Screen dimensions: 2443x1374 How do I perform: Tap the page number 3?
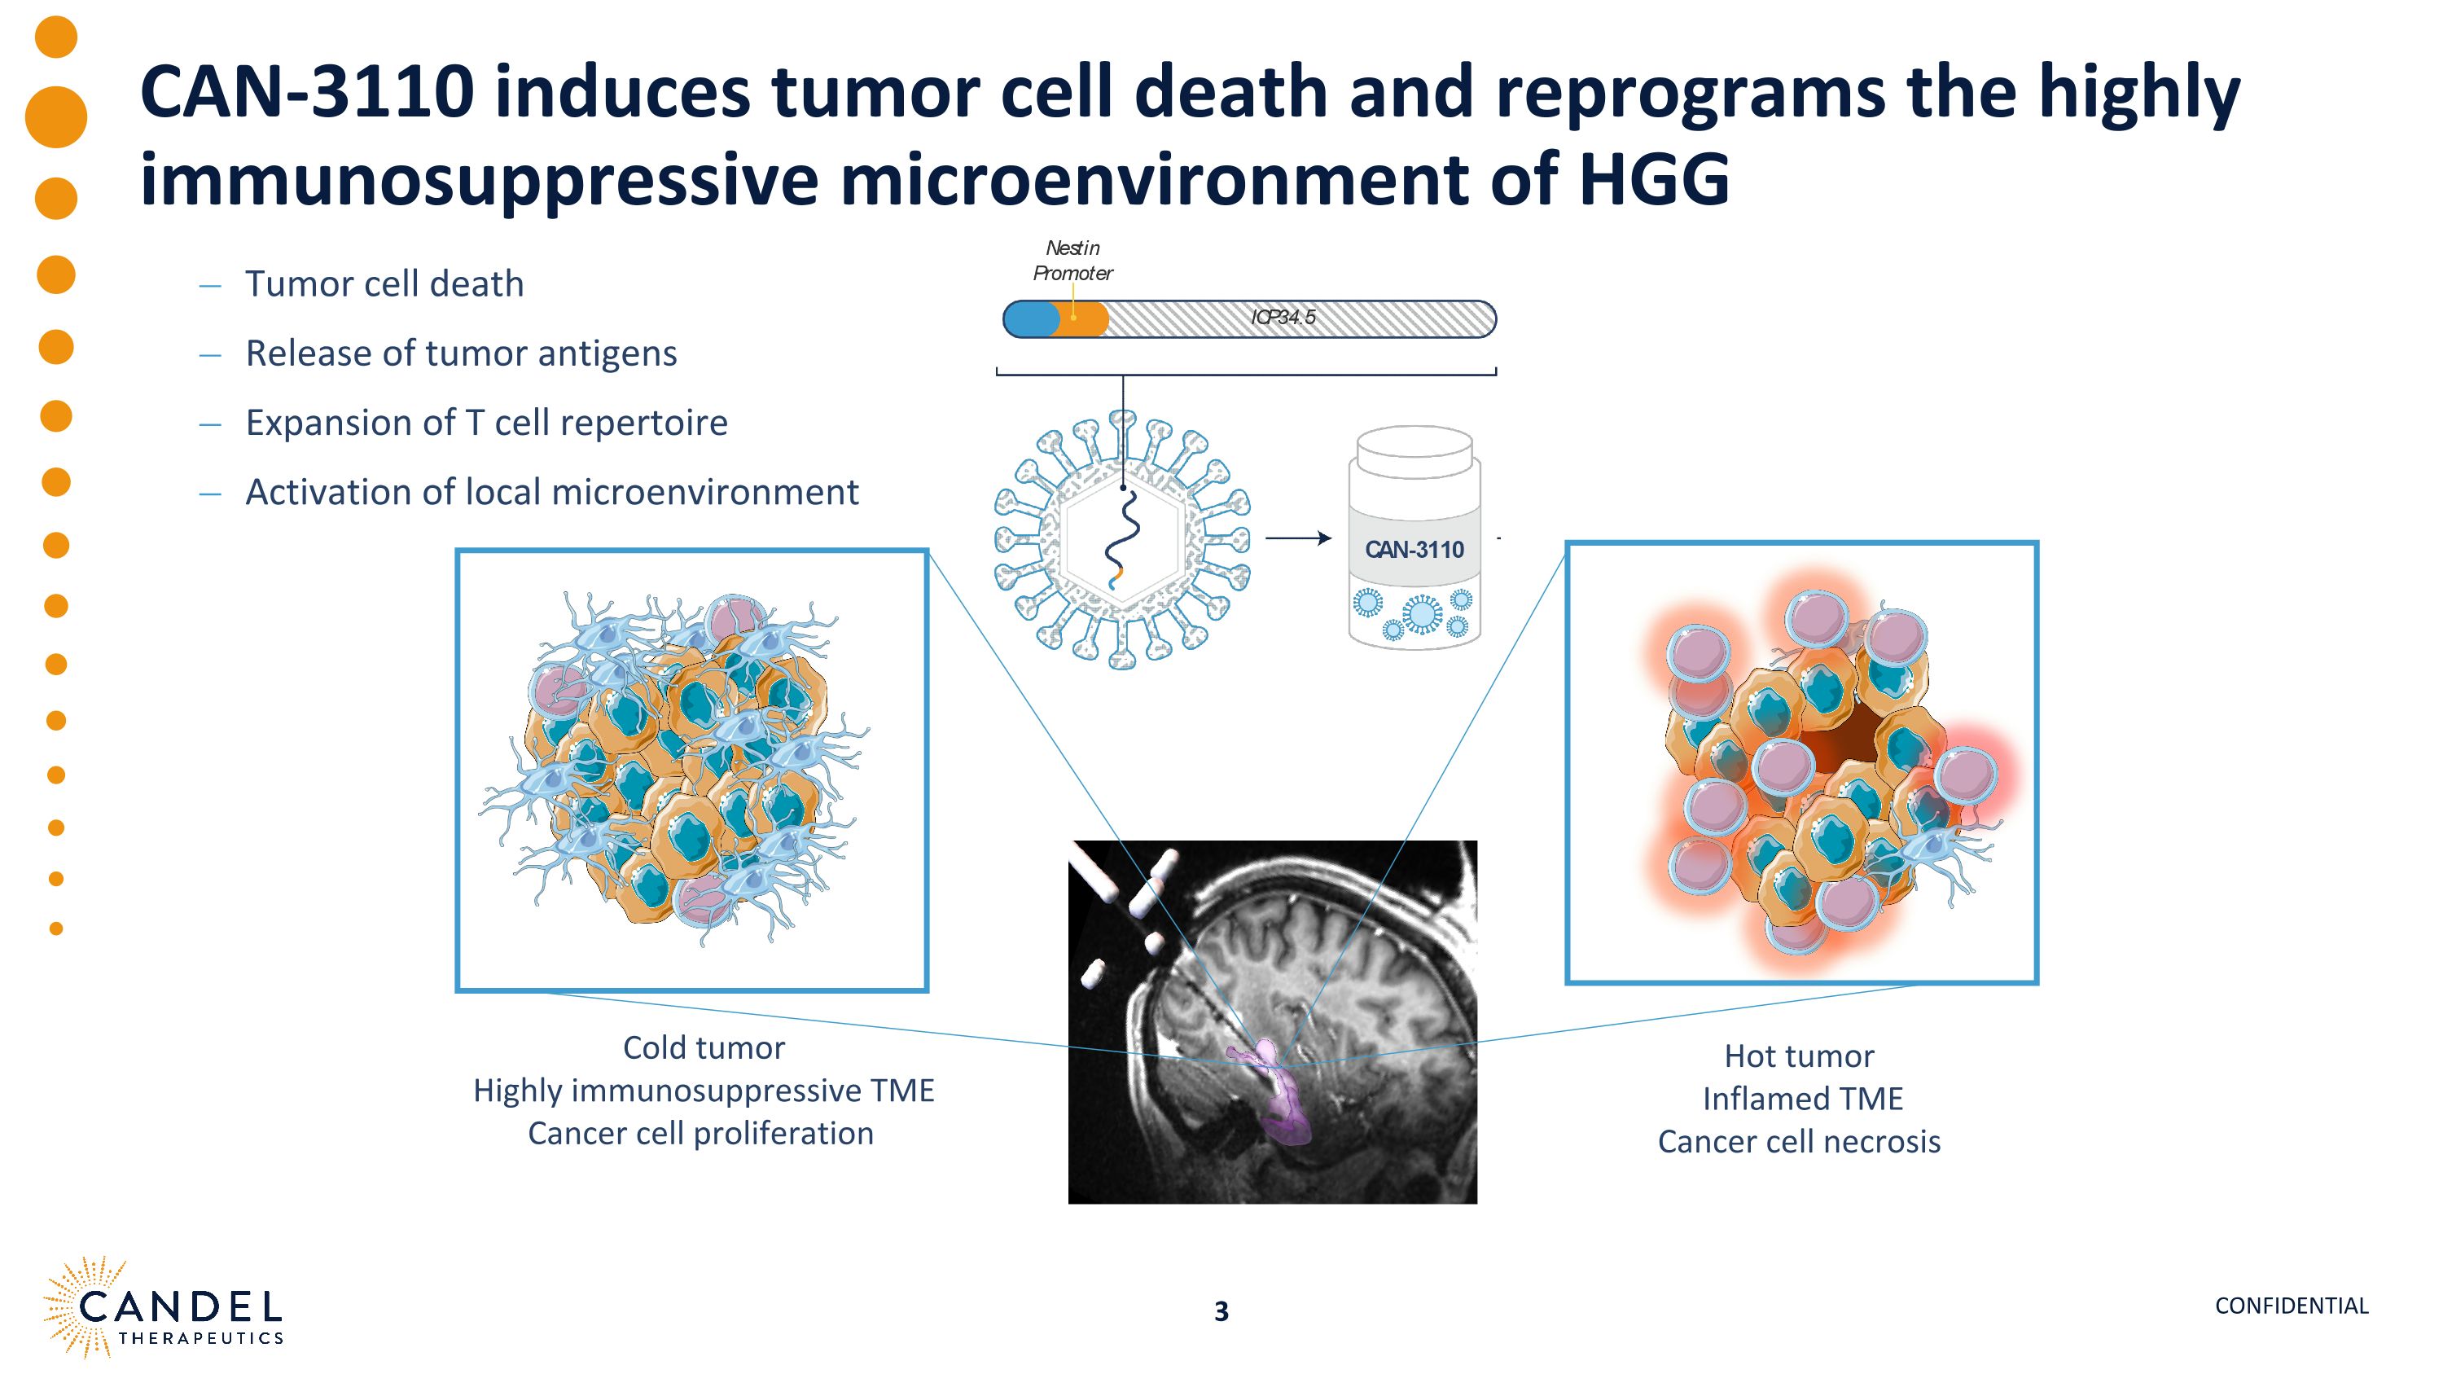[1221, 1311]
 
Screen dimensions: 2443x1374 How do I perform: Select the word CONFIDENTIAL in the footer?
[2292, 1306]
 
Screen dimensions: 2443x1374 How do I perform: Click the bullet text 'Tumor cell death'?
[384, 283]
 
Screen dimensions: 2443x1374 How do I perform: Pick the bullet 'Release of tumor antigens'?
[461, 353]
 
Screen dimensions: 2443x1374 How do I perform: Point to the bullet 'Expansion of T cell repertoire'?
[486, 423]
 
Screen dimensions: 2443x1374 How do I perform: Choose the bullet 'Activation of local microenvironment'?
[552, 492]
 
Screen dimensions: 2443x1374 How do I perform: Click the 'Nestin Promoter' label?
[1072, 261]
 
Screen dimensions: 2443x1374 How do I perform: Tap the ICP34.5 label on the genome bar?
[1283, 318]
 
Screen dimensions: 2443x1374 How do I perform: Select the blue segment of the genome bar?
[1031, 318]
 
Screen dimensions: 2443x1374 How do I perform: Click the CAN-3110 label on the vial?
[1414, 550]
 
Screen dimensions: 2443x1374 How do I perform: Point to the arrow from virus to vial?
[1299, 538]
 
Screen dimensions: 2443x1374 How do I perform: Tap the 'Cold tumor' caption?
[704, 1047]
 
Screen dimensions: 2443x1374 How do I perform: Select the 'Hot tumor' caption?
[1799, 1056]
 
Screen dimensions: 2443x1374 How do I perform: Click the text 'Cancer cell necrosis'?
[1799, 1142]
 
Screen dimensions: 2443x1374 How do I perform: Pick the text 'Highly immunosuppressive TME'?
[704, 1091]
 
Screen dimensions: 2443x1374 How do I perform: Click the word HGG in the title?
[1654, 179]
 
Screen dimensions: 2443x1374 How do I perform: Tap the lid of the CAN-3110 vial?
[1414, 450]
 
